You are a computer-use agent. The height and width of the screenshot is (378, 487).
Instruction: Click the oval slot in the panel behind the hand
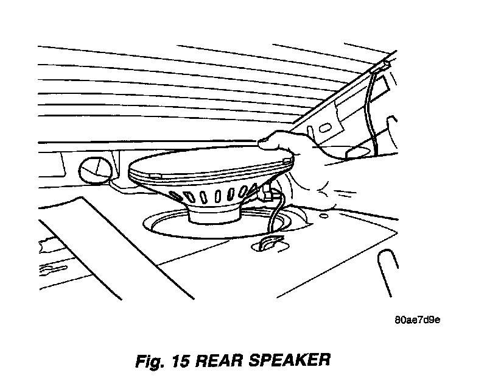point(324,129)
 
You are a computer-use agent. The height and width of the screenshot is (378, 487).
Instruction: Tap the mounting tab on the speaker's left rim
point(153,176)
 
